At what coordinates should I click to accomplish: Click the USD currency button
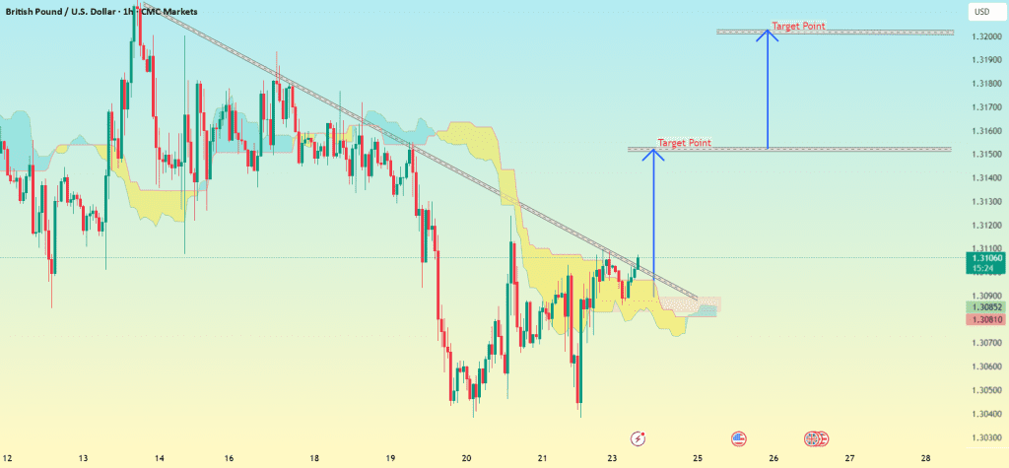tap(981, 12)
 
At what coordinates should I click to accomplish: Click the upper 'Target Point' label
tap(798, 27)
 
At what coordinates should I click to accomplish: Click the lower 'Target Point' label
tap(684, 143)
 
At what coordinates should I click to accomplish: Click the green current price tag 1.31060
tap(985, 262)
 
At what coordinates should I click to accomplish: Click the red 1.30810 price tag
tap(985, 320)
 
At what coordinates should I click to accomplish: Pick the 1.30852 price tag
tap(985, 307)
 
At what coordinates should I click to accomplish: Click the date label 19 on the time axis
tap(390, 459)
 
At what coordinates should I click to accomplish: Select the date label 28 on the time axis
tap(925, 459)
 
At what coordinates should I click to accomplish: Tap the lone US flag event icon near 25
tap(739, 436)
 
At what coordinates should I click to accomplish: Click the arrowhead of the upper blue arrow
tap(768, 34)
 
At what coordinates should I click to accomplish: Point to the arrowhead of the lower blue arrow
tap(653, 152)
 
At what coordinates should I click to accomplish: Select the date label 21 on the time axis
tap(543, 459)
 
